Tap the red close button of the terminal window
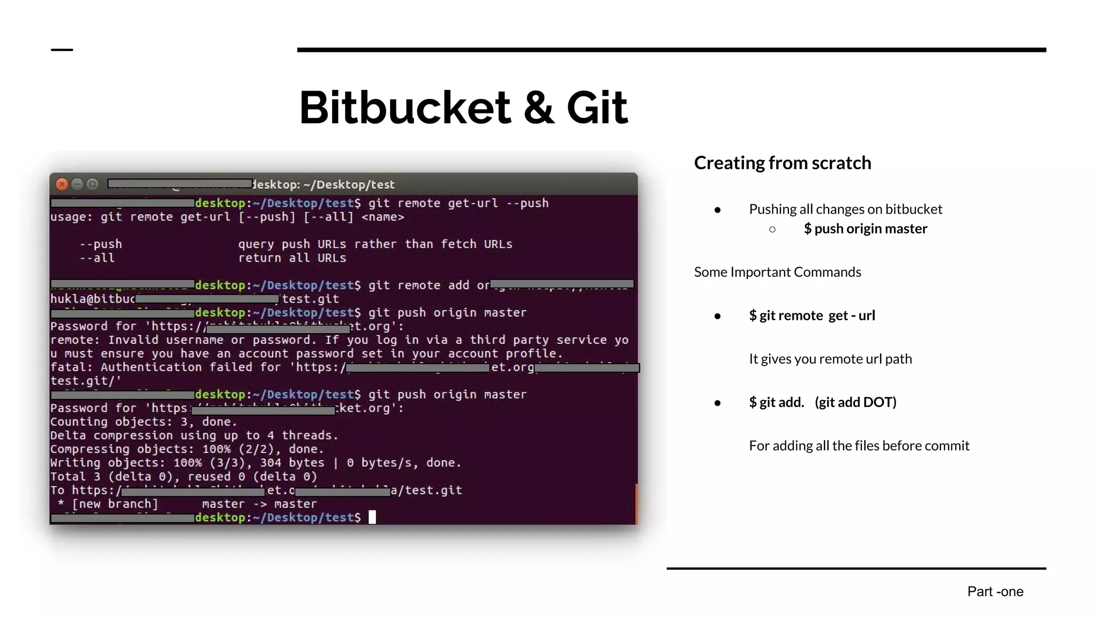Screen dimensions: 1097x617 (62, 184)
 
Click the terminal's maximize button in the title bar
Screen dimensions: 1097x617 (93, 184)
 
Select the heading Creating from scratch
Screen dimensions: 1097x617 (782, 163)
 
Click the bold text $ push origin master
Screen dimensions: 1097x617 (865, 229)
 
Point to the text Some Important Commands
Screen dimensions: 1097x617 (777, 272)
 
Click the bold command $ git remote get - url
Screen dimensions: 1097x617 (812, 315)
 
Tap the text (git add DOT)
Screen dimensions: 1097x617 (855, 402)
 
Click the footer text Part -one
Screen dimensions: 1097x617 (995, 591)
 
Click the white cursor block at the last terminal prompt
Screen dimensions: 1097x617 (372, 517)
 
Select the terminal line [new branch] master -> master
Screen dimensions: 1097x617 (194, 504)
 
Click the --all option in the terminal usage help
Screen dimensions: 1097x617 (97, 258)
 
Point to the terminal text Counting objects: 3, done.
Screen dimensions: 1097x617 (143, 422)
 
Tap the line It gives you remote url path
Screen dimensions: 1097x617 (830, 359)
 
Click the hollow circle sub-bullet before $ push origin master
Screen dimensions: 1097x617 (772, 229)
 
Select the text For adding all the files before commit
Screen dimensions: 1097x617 (859, 446)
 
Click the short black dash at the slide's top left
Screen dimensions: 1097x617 (62, 50)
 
